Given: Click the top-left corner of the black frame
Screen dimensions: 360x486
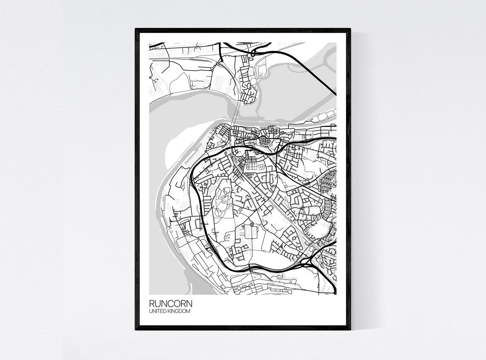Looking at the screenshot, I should tap(136, 29).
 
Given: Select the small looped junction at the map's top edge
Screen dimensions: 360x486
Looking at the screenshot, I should tap(253, 53).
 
